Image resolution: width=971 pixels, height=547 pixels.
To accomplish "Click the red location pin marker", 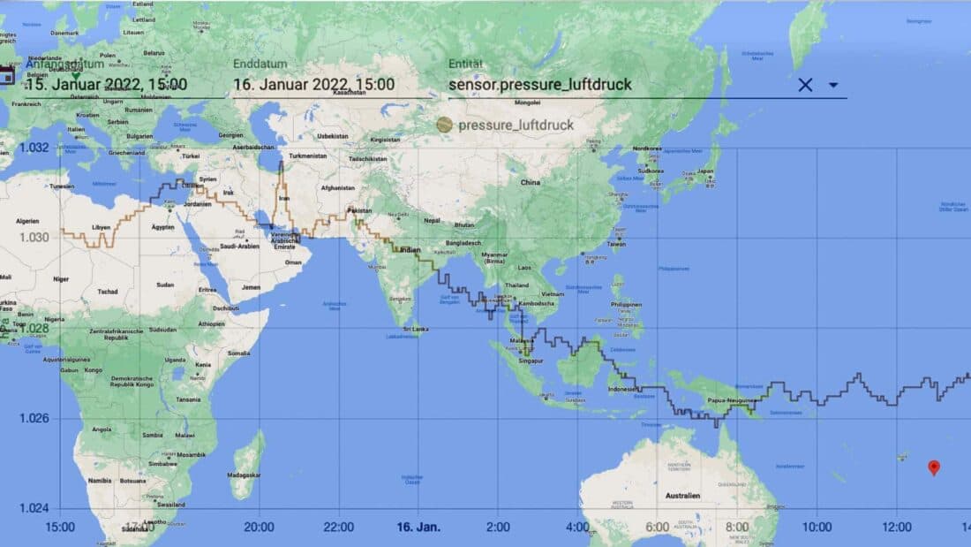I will pyautogui.click(x=934, y=467).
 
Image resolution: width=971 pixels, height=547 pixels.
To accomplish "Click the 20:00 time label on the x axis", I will pyautogui.click(x=260, y=527).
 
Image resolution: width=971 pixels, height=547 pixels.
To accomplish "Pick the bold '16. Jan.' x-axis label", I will pyautogui.click(x=419, y=527).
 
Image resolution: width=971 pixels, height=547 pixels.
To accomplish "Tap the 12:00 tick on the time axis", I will pyautogui.click(x=897, y=527).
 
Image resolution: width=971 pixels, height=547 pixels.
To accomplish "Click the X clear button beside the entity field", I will pyautogui.click(x=805, y=85).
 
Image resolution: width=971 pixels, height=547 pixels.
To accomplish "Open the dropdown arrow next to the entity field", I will pyautogui.click(x=833, y=85).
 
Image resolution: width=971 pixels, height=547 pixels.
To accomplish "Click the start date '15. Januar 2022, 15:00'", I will pyautogui.click(x=106, y=85).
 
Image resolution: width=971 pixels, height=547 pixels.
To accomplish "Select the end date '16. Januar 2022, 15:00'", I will pyautogui.click(x=313, y=85).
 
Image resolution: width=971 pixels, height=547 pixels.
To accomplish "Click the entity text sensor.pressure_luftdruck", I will pyautogui.click(x=539, y=85).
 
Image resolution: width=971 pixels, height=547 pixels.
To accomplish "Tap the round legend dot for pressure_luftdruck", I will pyautogui.click(x=445, y=125).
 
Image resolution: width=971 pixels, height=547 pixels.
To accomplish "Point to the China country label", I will pyautogui.click(x=530, y=182).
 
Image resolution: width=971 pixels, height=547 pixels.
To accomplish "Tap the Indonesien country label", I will pyautogui.click(x=623, y=390).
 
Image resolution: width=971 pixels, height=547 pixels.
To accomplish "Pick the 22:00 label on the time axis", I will pyautogui.click(x=339, y=527).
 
